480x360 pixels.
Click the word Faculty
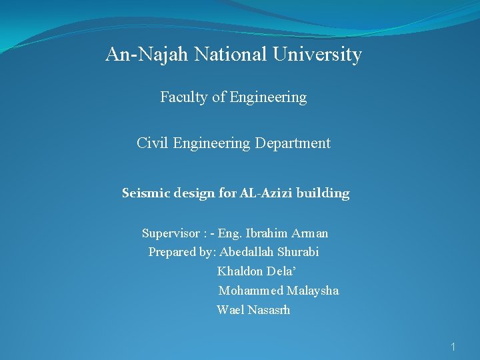click(184, 97)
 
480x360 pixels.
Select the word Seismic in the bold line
click(145, 193)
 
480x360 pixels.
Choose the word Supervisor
click(171, 233)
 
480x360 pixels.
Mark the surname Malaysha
click(313, 291)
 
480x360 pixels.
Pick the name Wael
click(231, 310)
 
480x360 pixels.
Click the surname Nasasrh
click(269, 310)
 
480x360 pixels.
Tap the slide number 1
click(453, 347)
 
